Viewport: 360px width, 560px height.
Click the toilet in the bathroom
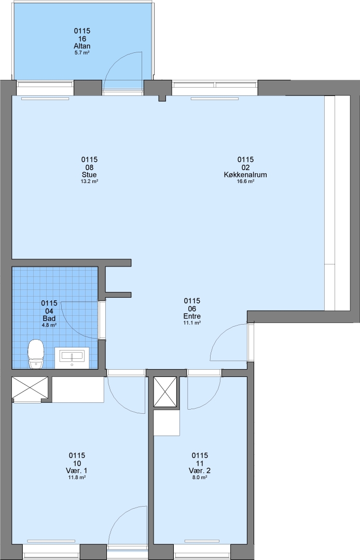(36, 354)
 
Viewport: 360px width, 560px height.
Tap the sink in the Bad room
(72, 357)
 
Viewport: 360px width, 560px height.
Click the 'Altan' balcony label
(82, 46)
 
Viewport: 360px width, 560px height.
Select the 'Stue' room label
(89, 175)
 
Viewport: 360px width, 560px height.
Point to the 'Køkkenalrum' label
(245, 175)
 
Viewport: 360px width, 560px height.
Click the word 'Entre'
(192, 316)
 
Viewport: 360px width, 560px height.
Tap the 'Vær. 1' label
(77, 470)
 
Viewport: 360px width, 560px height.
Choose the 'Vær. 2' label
(200, 470)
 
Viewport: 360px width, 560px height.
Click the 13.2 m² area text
(89, 181)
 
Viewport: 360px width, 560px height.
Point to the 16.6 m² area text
(245, 181)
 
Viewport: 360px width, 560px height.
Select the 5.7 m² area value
(82, 53)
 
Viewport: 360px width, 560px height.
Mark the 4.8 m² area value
(49, 325)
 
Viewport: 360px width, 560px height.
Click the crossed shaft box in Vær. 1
(30, 387)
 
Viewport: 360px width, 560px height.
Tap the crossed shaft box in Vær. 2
(165, 392)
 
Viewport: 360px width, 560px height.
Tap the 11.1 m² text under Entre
(192, 323)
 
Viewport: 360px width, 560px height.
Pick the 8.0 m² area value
(200, 477)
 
